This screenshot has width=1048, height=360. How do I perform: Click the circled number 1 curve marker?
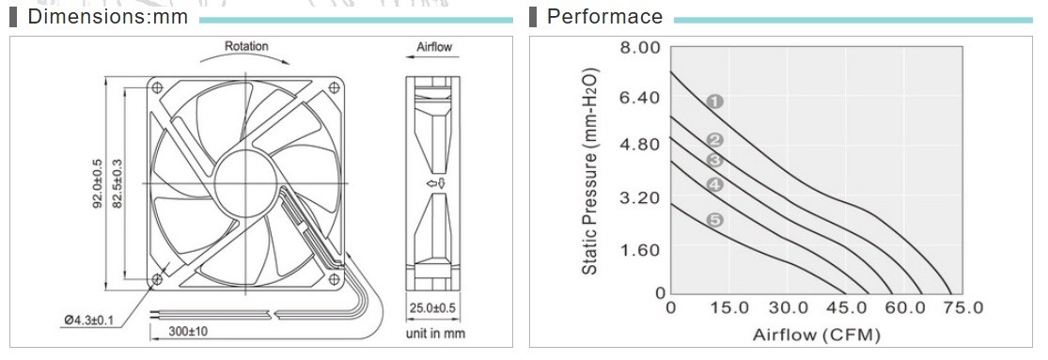[x=714, y=102]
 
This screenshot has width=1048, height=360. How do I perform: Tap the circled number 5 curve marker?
[x=714, y=219]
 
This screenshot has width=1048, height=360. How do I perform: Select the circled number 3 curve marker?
[x=714, y=161]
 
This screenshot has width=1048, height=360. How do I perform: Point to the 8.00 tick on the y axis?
[x=641, y=47]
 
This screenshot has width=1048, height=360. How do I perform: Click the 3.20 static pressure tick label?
[x=641, y=198]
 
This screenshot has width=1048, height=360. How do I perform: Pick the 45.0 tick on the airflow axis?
[x=846, y=308]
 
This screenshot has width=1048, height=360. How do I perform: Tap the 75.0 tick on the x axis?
[x=962, y=308]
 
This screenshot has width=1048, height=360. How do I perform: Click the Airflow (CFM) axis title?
[x=816, y=335]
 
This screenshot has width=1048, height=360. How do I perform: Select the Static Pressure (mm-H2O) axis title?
[x=589, y=171]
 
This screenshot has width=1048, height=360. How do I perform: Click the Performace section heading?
[x=605, y=16]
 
